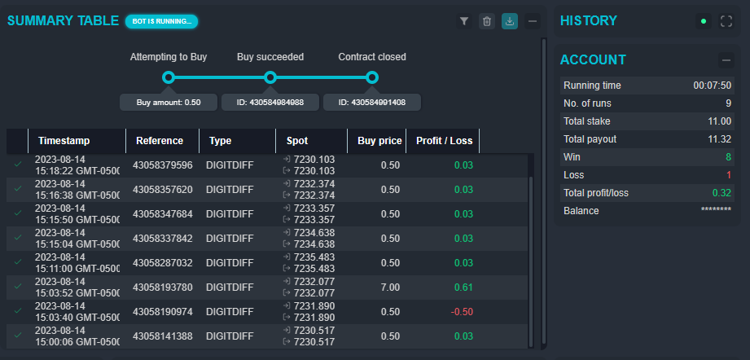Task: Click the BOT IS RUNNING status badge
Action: tap(161, 21)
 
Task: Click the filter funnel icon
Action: tap(464, 21)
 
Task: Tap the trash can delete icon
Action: tap(487, 21)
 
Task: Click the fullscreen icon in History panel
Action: tap(726, 21)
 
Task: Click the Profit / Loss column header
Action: tap(444, 141)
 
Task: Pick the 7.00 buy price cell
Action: tap(390, 287)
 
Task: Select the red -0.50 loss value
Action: tap(462, 311)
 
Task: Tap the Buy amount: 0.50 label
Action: tap(169, 103)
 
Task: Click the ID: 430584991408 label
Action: tap(371, 103)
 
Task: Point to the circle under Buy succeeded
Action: tap(270, 77)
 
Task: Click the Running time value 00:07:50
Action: tap(712, 86)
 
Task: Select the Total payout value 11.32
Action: tap(719, 138)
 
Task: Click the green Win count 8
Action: tap(727, 156)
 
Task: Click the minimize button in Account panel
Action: tap(726, 59)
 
